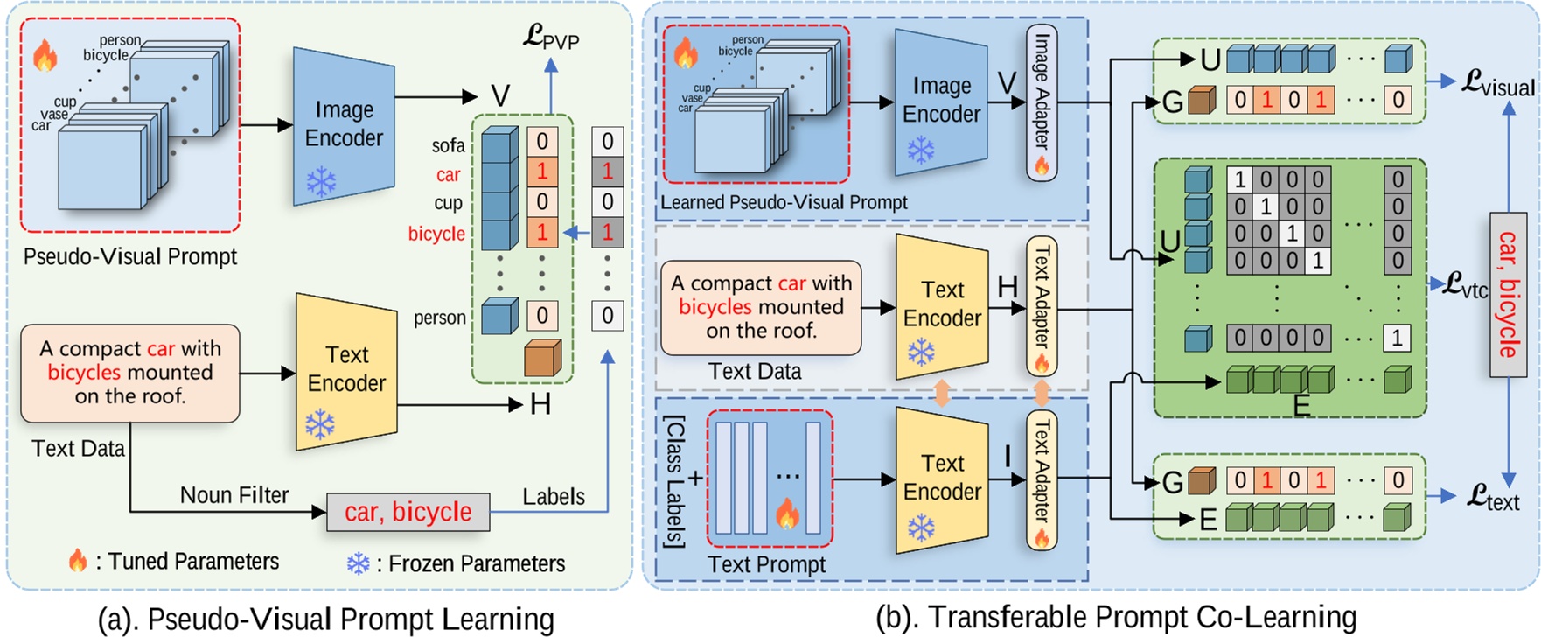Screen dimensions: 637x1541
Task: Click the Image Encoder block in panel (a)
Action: tap(344, 125)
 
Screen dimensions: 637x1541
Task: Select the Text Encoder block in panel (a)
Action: tap(346, 371)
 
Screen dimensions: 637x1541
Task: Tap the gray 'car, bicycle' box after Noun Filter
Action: tap(408, 512)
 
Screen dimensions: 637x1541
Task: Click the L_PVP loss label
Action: tap(551, 37)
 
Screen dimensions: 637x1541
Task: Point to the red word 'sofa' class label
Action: tap(448, 145)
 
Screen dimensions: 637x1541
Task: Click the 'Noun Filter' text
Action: tap(234, 495)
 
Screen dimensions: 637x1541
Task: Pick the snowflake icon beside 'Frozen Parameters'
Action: tap(359, 563)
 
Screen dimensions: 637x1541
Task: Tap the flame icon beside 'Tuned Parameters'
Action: tap(78, 561)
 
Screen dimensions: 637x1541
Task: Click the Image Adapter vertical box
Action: tap(1041, 102)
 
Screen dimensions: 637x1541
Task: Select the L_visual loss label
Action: tap(1498, 84)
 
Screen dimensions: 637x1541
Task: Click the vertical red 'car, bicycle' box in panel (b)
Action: tap(1508, 294)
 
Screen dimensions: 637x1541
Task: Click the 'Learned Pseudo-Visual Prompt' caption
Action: tap(784, 202)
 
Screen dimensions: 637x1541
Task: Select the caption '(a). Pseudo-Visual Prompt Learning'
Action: tap(325, 619)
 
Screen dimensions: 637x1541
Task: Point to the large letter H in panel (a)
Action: tap(540, 404)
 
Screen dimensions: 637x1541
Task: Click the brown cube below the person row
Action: tap(542, 358)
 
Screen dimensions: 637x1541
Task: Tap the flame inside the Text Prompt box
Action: tap(788, 514)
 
